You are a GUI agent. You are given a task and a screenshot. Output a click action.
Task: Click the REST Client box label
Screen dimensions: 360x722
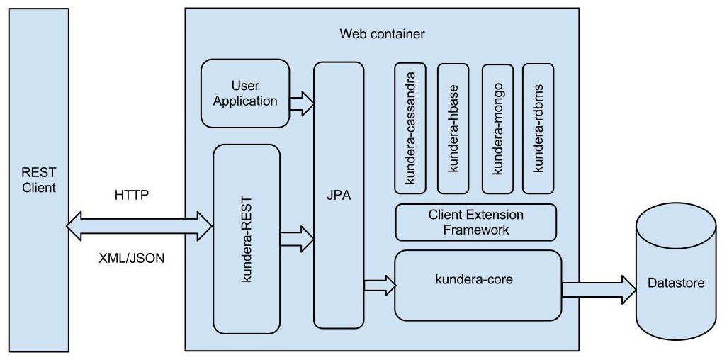(39, 180)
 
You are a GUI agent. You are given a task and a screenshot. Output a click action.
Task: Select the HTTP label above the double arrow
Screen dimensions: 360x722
(132, 196)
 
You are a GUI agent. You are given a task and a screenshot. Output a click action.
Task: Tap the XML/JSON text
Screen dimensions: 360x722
(132, 259)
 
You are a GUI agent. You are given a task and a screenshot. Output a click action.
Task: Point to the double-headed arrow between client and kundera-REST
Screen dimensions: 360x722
(140, 226)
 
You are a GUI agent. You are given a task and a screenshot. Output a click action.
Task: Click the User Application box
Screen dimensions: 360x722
(245, 94)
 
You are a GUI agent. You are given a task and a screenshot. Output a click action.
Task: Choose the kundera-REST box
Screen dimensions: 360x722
(247, 239)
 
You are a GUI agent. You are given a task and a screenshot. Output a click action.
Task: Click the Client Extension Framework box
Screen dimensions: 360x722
(475, 223)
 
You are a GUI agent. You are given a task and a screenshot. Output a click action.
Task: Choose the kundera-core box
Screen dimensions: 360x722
(478, 283)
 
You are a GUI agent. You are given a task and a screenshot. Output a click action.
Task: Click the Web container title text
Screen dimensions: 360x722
(383, 33)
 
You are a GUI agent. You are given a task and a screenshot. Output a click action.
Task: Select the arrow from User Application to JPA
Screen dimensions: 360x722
(302, 103)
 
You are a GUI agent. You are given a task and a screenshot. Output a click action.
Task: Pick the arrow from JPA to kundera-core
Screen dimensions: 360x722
(380, 285)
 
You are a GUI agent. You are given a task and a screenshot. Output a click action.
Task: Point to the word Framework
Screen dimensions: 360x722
(475, 230)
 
